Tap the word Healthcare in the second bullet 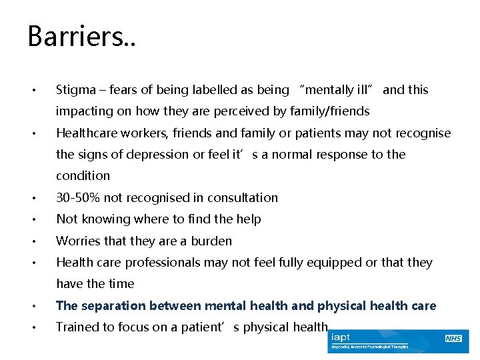(88, 133)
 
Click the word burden (213, 241)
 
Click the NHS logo (453, 339)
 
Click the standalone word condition (83, 176)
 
